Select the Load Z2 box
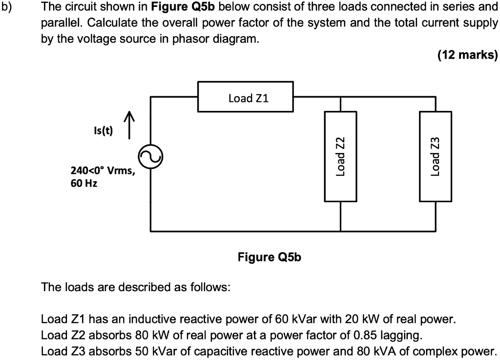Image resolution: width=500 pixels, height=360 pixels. coord(340,156)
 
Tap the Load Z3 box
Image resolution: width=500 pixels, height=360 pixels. coord(436,156)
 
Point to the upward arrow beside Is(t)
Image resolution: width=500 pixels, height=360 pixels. coord(128,125)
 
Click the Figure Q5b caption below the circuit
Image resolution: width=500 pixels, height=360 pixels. coord(270,256)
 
